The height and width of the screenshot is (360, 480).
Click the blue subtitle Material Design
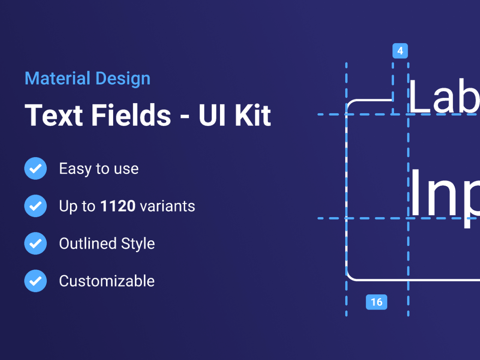click(87, 79)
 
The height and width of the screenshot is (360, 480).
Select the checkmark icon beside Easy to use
click(36, 168)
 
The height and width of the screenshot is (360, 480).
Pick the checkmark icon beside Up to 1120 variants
click(36, 206)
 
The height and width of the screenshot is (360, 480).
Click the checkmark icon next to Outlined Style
click(36, 243)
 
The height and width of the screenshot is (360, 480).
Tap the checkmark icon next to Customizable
click(36, 281)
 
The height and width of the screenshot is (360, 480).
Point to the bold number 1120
click(118, 206)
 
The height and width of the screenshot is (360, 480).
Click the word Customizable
click(107, 281)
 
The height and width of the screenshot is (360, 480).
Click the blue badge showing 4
click(400, 51)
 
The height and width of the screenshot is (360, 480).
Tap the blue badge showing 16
click(376, 302)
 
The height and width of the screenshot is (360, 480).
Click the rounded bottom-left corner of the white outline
click(350, 276)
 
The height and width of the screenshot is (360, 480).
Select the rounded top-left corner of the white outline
click(350, 103)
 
